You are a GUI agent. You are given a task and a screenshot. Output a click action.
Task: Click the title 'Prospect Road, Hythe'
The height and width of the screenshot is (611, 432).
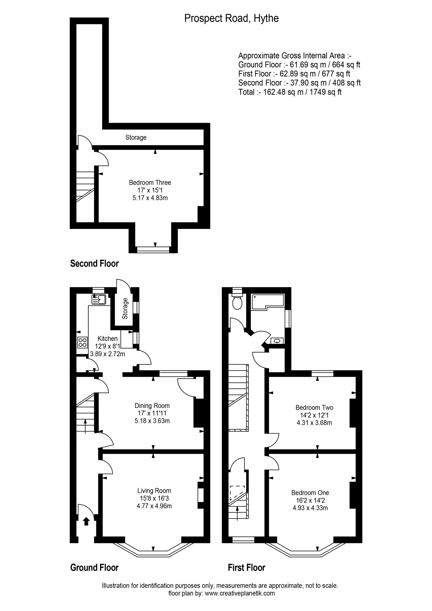click(x=231, y=18)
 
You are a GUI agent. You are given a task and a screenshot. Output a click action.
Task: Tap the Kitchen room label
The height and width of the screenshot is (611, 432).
click(x=107, y=339)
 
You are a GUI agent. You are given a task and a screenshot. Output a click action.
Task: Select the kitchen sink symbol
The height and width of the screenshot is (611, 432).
click(x=99, y=300)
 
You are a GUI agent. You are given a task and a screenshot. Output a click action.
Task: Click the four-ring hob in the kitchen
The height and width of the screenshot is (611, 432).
click(x=83, y=342)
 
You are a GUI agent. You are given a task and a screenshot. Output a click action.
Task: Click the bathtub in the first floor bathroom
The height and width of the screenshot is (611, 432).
click(x=268, y=302)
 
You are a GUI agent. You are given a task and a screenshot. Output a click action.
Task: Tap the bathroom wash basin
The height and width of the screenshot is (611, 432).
click(x=277, y=341)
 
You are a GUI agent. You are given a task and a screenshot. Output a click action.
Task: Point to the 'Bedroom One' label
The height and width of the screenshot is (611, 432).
click(x=310, y=493)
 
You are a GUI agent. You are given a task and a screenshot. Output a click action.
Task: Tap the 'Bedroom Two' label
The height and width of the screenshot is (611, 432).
click(x=314, y=407)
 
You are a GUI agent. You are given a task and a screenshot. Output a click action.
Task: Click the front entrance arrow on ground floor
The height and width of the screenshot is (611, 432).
click(x=86, y=521)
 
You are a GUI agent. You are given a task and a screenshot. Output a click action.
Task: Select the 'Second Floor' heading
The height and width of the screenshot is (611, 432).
click(x=95, y=263)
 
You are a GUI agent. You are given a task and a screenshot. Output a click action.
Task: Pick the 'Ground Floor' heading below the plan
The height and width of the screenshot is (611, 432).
click(x=95, y=568)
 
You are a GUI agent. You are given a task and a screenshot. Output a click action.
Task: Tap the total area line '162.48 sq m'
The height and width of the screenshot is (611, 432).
click(x=290, y=92)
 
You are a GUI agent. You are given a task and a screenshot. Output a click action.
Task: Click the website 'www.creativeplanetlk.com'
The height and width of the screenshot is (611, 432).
click(x=240, y=593)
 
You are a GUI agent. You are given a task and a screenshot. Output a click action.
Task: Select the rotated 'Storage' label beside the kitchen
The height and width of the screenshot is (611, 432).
click(x=125, y=308)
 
